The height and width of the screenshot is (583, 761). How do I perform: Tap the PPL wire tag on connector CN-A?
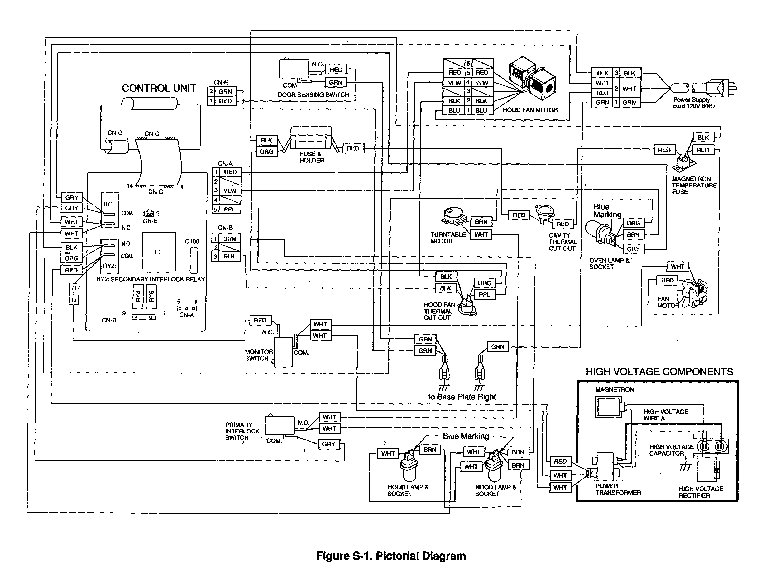[x=229, y=209]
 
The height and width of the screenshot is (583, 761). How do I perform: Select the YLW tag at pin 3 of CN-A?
[x=229, y=191]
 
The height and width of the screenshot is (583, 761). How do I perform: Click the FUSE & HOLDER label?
[x=312, y=157]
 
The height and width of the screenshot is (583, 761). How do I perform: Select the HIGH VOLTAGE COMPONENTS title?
[x=659, y=372]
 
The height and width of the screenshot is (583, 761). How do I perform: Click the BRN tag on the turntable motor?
[x=481, y=222]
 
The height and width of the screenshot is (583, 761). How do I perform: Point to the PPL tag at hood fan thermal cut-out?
[x=484, y=295]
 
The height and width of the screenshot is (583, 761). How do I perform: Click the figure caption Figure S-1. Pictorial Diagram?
[x=391, y=556]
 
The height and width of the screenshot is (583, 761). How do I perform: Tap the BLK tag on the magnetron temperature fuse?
[x=703, y=137]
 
